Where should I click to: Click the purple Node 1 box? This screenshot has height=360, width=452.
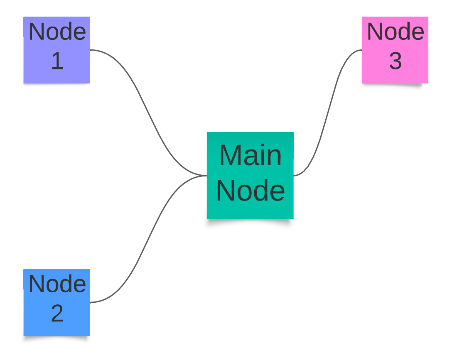click(x=56, y=50)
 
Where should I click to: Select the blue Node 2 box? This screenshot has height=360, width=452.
click(x=56, y=302)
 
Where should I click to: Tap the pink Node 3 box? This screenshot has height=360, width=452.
click(x=395, y=50)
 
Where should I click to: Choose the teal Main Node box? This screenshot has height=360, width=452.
click(x=250, y=175)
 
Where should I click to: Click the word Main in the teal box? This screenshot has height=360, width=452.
click(x=250, y=155)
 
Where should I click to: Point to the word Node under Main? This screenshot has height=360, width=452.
click(x=251, y=191)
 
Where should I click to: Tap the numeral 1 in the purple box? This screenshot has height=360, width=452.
click(x=57, y=61)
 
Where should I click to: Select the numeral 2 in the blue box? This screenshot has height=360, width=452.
click(x=57, y=313)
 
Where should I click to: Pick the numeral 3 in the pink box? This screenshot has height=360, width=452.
click(x=395, y=61)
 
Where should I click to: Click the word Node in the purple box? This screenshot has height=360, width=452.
click(x=57, y=32)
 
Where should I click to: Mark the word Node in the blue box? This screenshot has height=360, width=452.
click(x=57, y=284)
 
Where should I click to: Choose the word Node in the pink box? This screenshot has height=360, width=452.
click(x=395, y=32)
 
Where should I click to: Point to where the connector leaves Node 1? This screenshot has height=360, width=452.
click(x=91, y=50)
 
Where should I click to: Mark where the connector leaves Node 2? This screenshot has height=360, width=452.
click(x=91, y=302)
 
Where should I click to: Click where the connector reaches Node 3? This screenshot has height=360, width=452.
click(x=361, y=50)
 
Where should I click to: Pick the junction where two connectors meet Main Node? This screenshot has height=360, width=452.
click(x=206, y=176)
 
